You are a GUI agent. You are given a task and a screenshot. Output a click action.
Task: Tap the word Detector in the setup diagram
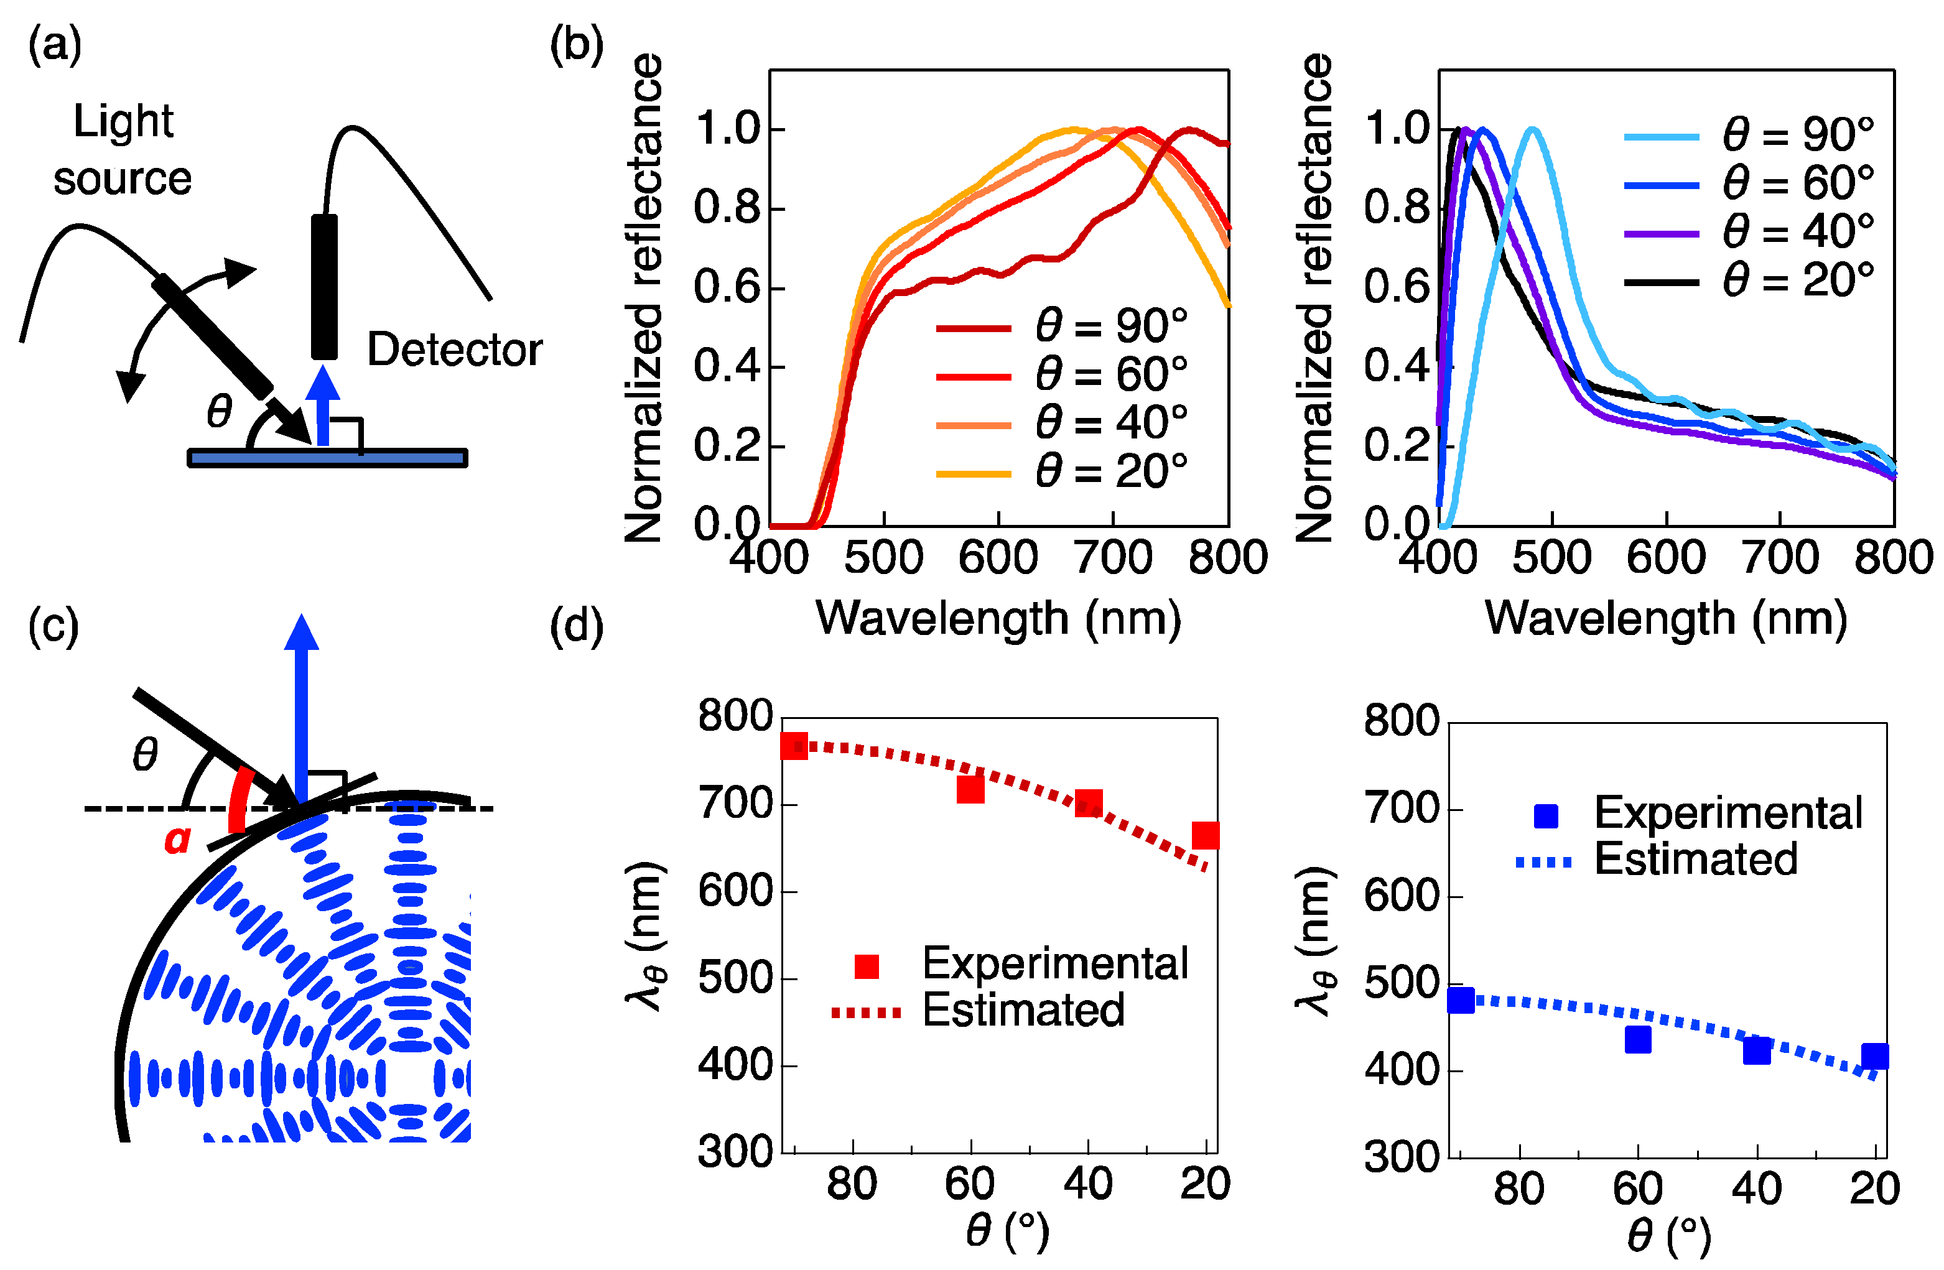[x=454, y=350]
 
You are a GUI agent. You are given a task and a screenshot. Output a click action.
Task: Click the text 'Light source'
[x=123, y=149]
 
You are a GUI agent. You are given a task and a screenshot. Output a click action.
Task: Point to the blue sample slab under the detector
[x=327, y=458]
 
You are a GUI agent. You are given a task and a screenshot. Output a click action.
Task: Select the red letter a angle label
[x=177, y=840]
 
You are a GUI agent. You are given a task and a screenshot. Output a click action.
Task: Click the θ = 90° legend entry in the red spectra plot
[x=1062, y=327]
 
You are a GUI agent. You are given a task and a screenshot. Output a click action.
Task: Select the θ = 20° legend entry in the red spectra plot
[x=1062, y=473]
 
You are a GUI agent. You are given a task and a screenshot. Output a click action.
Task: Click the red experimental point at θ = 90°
[x=794, y=746]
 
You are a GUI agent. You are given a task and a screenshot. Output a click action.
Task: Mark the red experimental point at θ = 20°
[x=1206, y=835]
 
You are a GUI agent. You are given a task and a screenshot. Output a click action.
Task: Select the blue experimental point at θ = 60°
[x=1638, y=1040]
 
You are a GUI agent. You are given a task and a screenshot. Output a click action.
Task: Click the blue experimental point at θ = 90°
[x=1461, y=999]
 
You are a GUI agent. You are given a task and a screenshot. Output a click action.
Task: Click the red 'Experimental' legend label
[x=1054, y=964]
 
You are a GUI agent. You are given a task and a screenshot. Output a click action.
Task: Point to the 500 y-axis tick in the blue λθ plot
[x=1402, y=983]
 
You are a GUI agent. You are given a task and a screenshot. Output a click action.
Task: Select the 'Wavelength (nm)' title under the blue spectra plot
[x=1667, y=618]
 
